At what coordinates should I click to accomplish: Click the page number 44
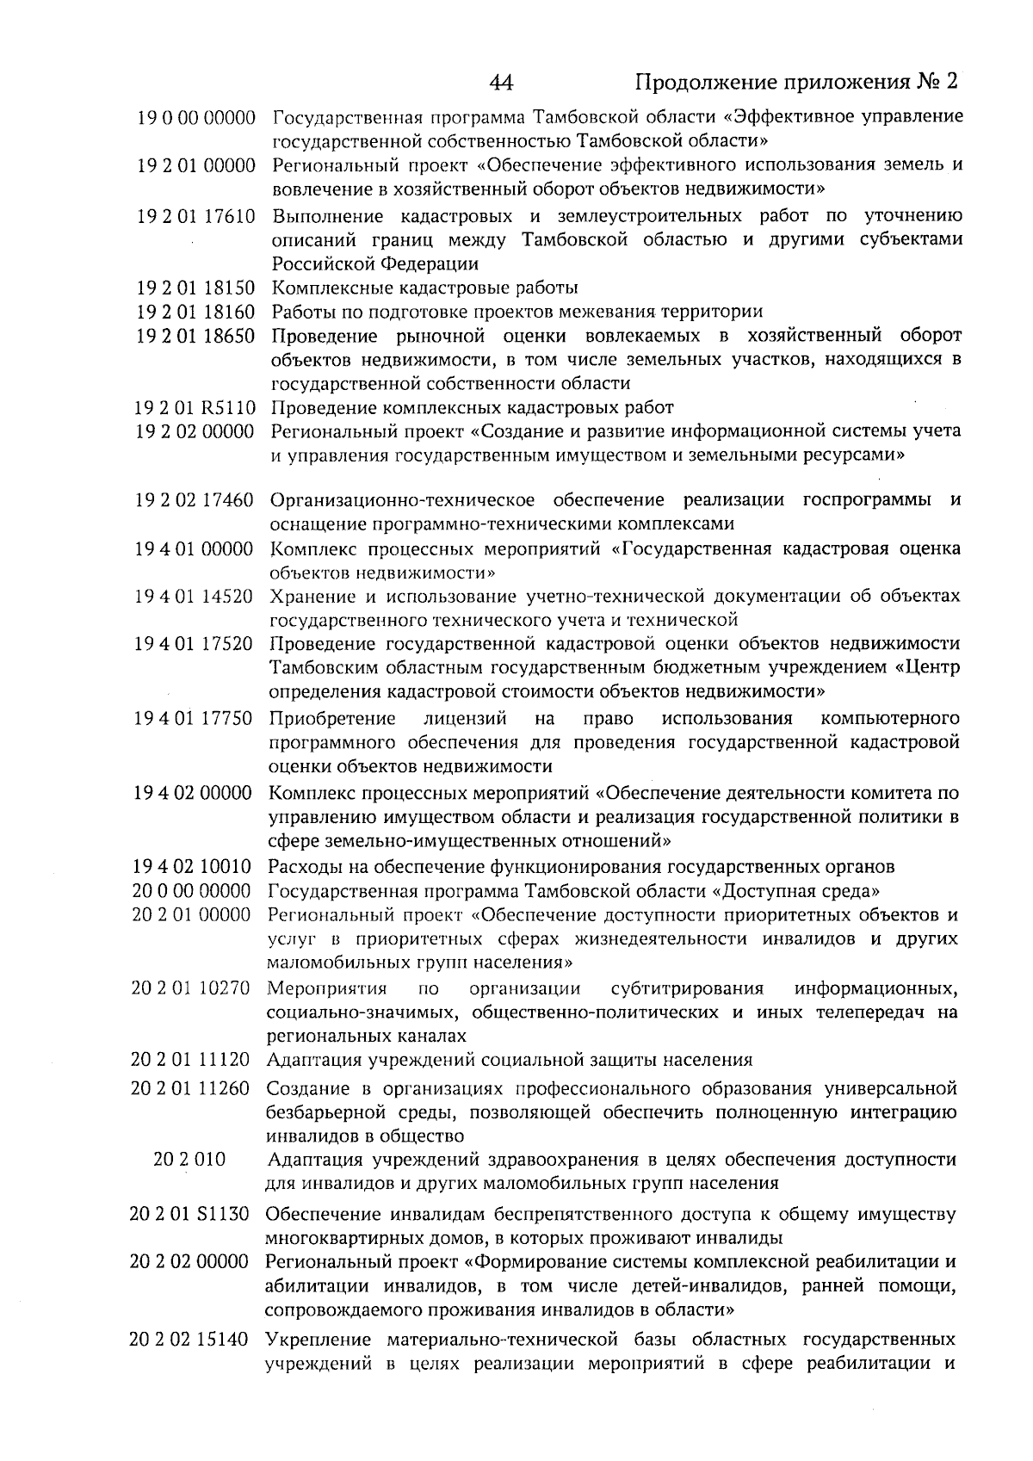[501, 83]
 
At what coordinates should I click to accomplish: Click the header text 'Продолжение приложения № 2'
[796, 83]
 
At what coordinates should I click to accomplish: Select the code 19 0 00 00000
[197, 117]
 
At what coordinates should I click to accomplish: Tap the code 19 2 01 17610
[197, 216]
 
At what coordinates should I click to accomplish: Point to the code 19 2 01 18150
[197, 288]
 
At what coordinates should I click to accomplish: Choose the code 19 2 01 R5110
[196, 407]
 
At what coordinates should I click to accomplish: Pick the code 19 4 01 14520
[195, 596]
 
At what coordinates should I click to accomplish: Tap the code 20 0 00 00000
[192, 890]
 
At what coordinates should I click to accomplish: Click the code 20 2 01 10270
[191, 987]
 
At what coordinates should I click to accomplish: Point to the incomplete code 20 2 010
[189, 1160]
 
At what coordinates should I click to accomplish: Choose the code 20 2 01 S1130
[190, 1215]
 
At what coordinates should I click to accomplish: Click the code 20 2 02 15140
[189, 1340]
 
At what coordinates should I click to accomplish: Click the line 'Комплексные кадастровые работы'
[425, 288]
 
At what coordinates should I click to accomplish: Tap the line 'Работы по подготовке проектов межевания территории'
[517, 312]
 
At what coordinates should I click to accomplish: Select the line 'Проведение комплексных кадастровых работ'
[472, 407]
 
